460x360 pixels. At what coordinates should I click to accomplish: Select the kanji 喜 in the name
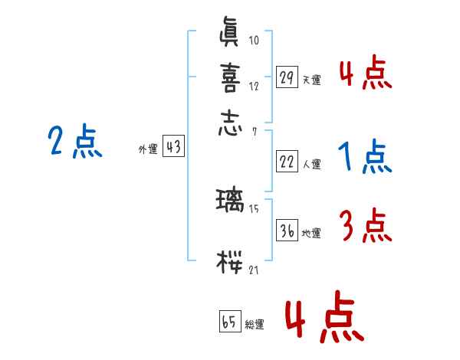[x=231, y=79]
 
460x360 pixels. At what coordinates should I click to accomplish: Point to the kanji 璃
[x=231, y=203]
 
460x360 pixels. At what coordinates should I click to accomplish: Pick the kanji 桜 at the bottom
[x=231, y=262]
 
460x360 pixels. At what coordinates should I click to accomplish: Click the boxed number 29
[x=287, y=77]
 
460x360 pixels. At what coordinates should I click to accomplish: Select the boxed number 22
[x=287, y=162]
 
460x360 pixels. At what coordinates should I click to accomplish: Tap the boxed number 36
[x=287, y=231]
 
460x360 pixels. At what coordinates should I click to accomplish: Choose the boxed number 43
[x=173, y=148]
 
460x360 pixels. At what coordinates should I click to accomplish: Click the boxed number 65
[x=229, y=322]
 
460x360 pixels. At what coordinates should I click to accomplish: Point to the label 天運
[x=312, y=80]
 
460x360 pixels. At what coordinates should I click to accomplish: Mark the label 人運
[x=312, y=164]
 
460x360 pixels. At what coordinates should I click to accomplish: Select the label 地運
[x=312, y=233]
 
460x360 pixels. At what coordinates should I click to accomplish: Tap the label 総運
[x=255, y=325]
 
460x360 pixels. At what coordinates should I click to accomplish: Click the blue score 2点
[x=75, y=142]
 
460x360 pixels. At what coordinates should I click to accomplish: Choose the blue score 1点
[x=364, y=158]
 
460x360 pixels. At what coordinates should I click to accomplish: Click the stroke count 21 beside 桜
[x=254, y=270]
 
